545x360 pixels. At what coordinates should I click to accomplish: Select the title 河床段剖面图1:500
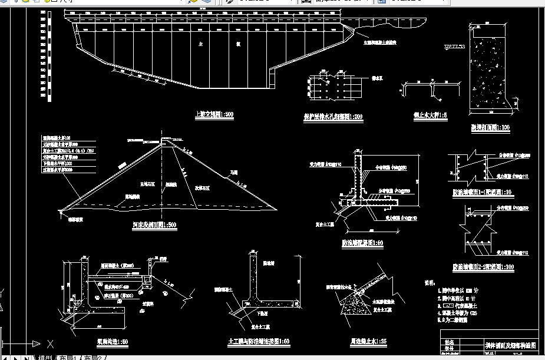point(154,224)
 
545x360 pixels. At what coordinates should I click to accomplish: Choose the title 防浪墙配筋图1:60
point(362,242)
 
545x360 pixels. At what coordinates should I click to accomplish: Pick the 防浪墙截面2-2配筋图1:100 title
point(483,267)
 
